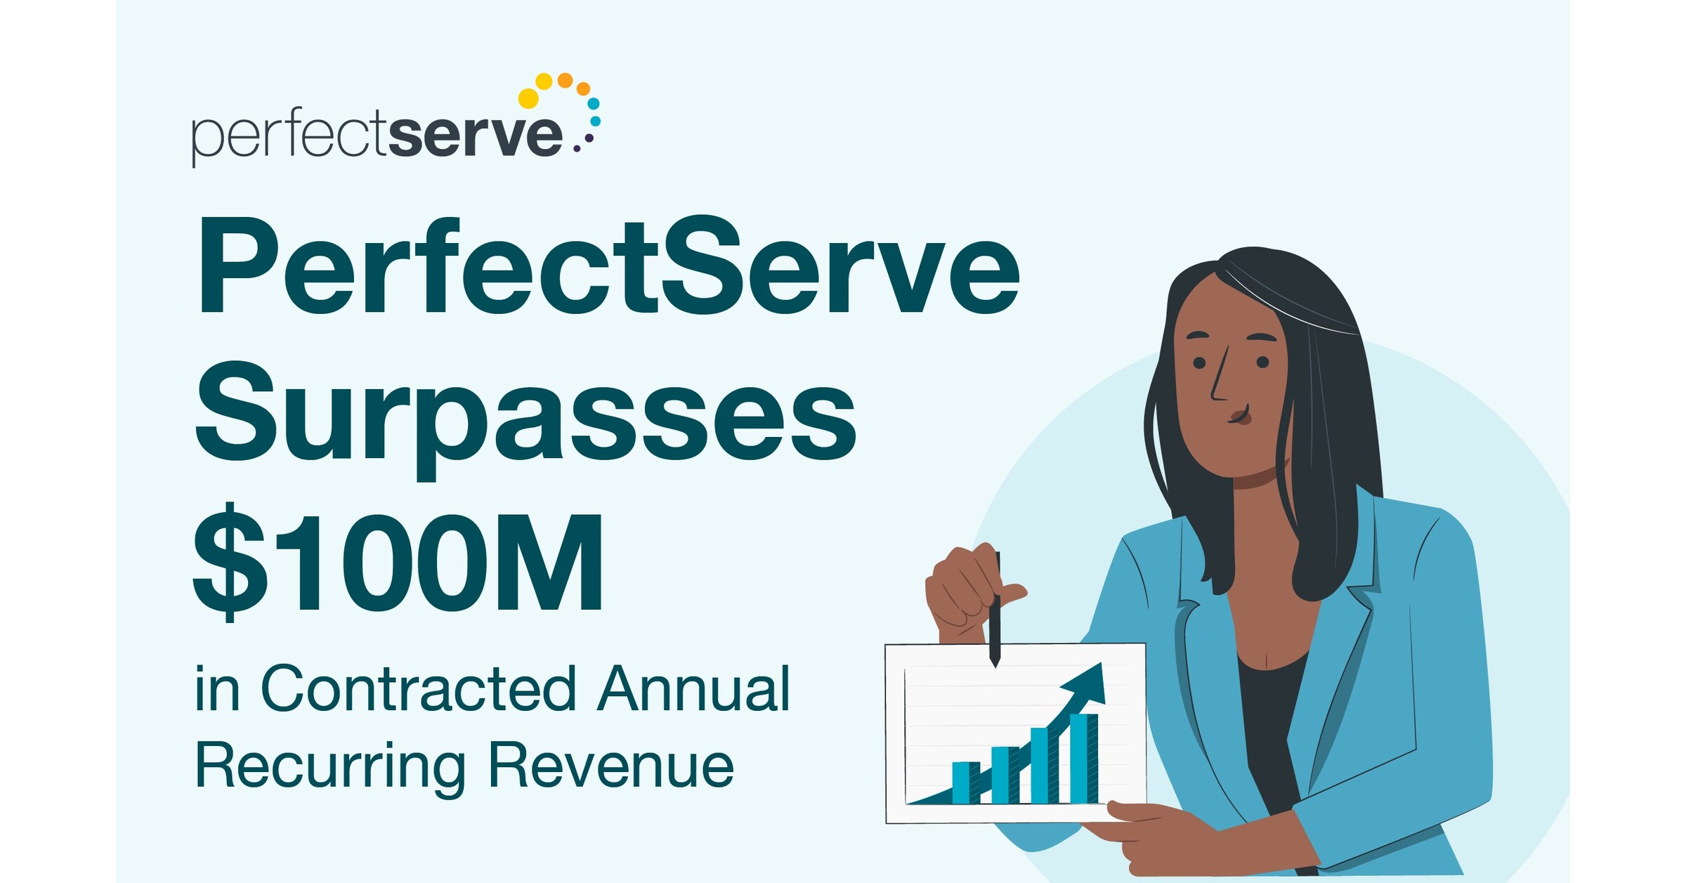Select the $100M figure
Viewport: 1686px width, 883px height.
398,562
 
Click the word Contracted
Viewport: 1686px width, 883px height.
419,689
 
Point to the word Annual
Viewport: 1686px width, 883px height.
694,689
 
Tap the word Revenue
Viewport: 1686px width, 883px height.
611,766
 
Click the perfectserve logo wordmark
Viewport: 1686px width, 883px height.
377,135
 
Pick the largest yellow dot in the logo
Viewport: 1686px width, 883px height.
528,98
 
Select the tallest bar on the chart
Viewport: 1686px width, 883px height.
1083,758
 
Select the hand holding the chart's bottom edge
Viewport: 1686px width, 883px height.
1152,832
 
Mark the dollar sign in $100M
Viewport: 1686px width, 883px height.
230,562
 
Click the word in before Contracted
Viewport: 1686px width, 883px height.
217,689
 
